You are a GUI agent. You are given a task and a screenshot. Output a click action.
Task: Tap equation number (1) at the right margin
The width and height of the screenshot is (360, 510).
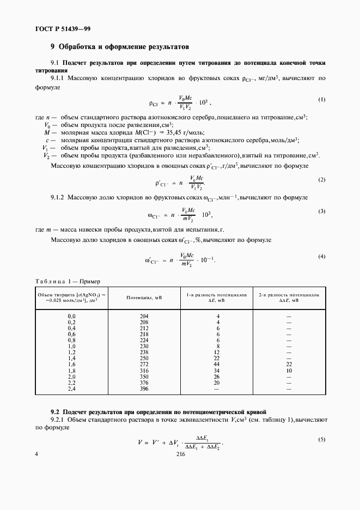coord(321,99)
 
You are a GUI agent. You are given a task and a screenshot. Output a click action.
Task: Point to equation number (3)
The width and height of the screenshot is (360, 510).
coord(321,210)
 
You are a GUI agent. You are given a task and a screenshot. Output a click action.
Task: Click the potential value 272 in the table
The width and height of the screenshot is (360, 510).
coord(144,364)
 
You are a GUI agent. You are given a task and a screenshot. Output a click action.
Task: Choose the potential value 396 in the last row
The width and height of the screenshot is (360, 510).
coord(144,388)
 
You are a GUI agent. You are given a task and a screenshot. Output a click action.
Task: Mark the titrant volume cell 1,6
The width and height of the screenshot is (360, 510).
coord(71,364)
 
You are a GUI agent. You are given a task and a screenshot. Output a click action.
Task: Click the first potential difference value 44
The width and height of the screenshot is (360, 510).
coord(217,364)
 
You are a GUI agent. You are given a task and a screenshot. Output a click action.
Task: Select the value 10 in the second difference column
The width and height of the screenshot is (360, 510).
coord(289,370)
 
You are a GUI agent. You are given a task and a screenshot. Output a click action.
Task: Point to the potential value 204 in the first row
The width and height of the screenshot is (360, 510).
coord(144,316)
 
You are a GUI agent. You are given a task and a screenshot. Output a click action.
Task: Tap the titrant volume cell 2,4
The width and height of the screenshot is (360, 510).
coord(71,388)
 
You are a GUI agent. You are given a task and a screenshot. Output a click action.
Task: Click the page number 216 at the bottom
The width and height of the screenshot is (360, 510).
coord(181,459)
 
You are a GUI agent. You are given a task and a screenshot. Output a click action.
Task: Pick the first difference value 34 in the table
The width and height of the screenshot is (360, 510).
coord(217,370)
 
